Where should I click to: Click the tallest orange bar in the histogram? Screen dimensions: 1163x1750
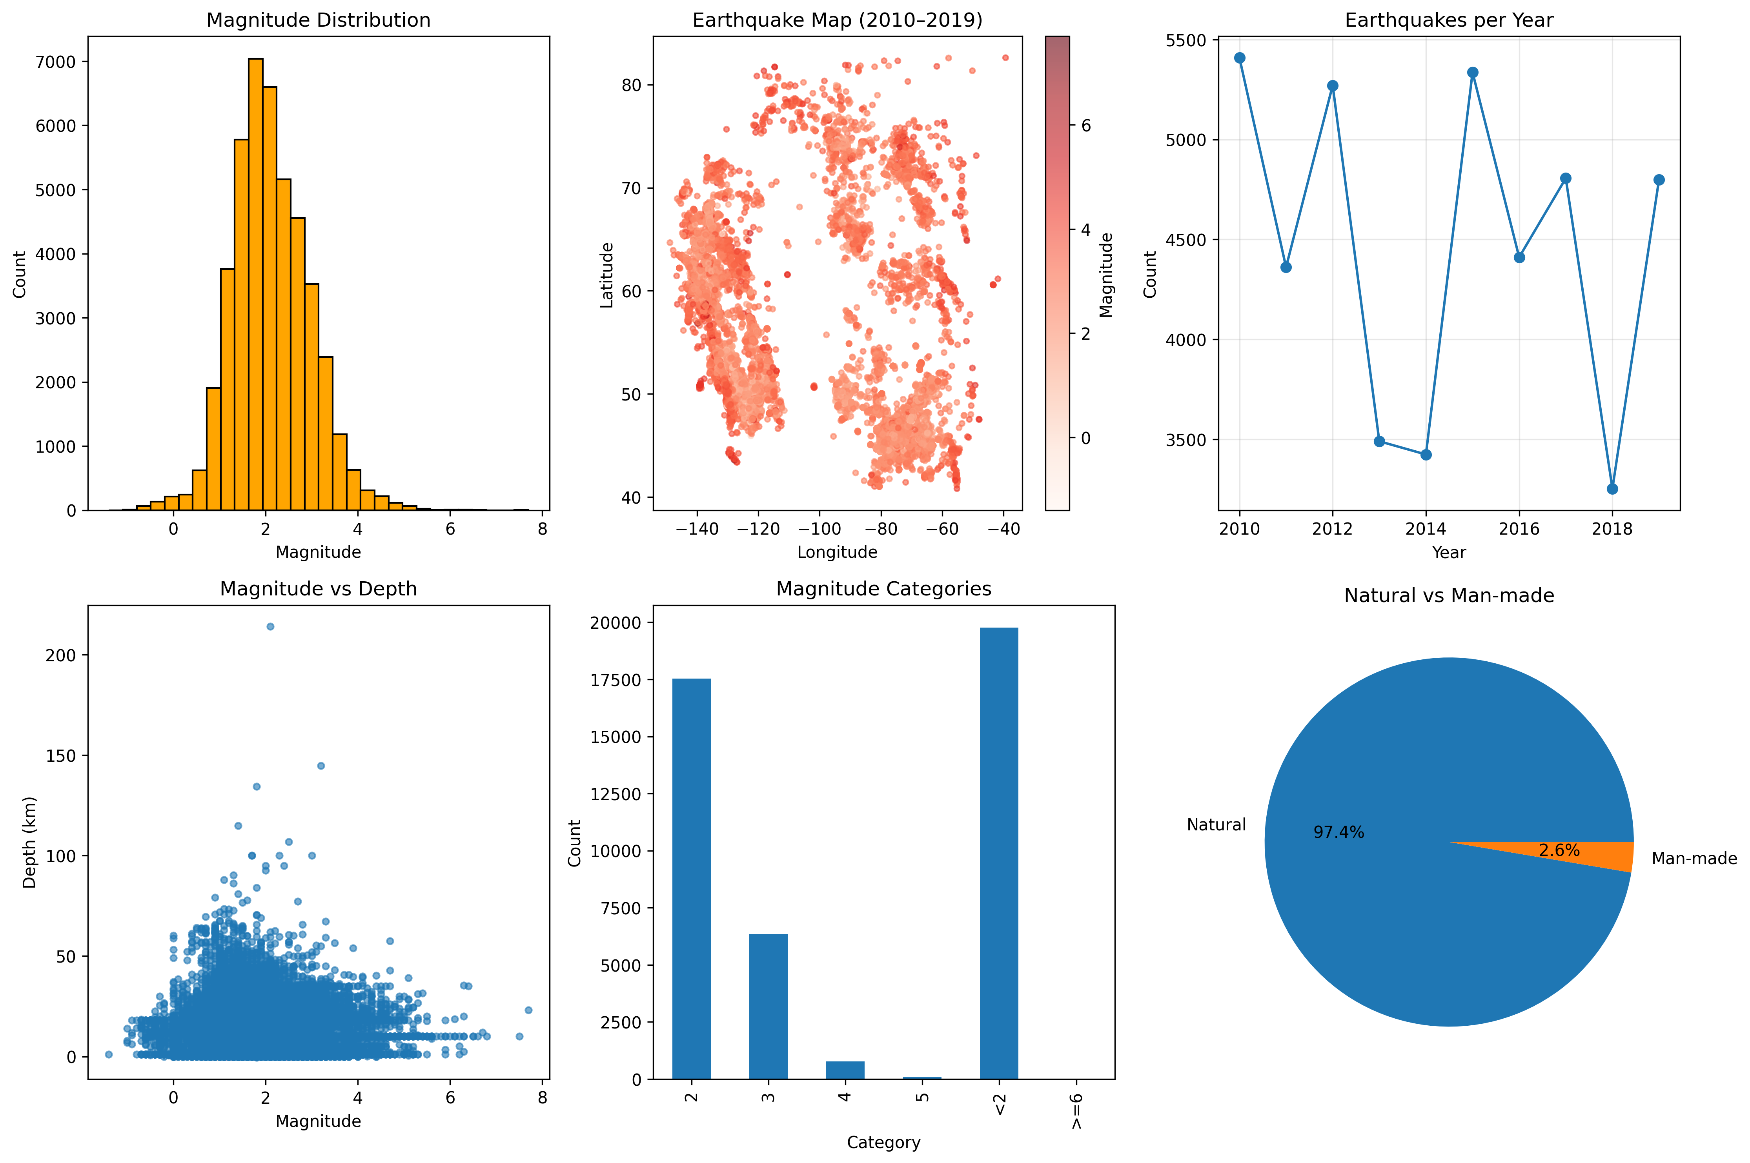coord(255,282)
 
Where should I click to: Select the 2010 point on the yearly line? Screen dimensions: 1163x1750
coord(1240,58)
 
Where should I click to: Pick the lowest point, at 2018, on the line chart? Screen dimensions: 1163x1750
coord(1612,489)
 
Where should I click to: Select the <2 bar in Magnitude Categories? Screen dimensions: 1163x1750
coord(998,853)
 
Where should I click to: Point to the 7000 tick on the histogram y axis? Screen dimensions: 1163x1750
coord(56,62)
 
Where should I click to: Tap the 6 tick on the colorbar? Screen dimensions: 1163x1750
coord(1086,126)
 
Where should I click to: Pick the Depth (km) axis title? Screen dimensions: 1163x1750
coord(29,842)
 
